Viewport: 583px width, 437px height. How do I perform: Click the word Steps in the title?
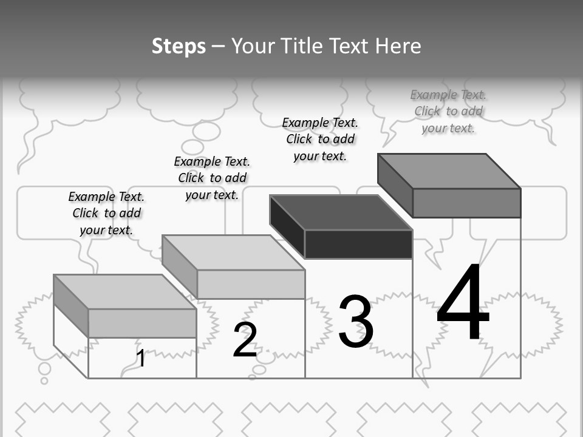pyautogui.click(x=179, y=47)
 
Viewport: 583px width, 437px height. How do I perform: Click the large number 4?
pyautogui.click(x=463, y=303)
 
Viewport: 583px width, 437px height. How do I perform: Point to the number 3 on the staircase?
pyautogui.click(x=356, y=322)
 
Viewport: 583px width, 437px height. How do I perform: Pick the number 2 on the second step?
pyautogui.click(x=245, y=340)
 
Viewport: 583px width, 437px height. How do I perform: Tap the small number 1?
pyautogui.click(x=141, y=358)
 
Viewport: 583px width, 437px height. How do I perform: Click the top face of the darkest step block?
pyautogui.click(x=341, y=212)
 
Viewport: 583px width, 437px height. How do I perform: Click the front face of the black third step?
pyautogui.click(x=358, y=244)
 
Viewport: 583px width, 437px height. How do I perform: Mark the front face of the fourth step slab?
pyautogui.click(x=466, y=203)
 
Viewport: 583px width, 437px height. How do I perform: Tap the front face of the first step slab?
pyautogui.click(x=142, y=323)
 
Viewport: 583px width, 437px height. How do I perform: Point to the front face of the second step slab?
pyautogui.click(x=251, y=284)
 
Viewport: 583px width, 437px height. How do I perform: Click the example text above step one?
pyautogui.click(x=106, y=213)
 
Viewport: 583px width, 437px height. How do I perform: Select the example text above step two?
pyautogui.click(x=212, y=178)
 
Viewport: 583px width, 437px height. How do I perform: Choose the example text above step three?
pyautogui.click(x=320, y=139)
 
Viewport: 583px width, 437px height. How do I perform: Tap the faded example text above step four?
pyautogui.click(x=448, y=111)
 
